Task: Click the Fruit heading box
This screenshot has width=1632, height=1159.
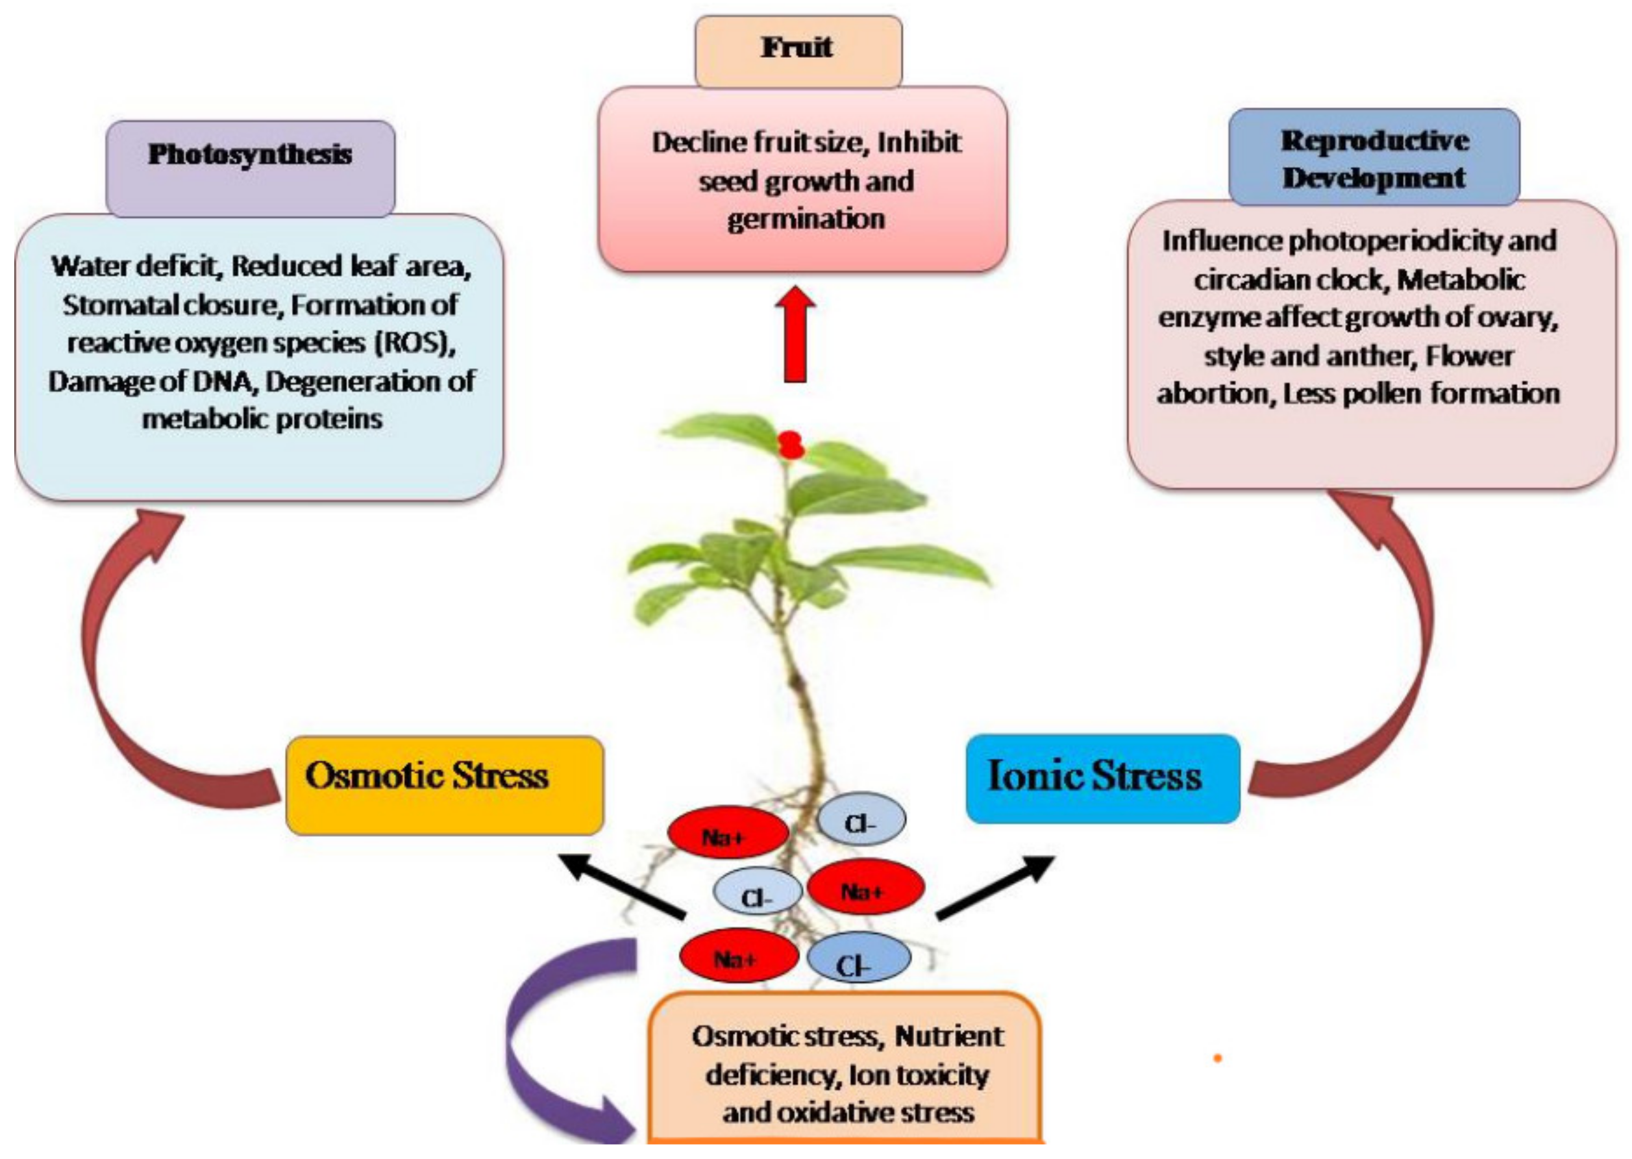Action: click(x=798, y=51)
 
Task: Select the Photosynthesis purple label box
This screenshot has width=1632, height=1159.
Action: click(x=250, y=167)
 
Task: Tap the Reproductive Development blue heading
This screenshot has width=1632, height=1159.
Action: click(x=1374, y=158)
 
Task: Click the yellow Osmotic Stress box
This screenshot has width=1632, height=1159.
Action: click(x=444, y=786)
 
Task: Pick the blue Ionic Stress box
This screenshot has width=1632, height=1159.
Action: click(x=1102, y=779)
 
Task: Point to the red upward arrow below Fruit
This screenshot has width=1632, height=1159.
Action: click(x=795, y=336)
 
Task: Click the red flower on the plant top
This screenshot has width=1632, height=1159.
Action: click(x=790, y=445)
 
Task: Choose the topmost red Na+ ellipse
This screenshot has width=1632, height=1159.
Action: click(x=727, y=834)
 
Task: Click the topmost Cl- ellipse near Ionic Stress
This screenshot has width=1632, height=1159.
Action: click(x=861, y=821)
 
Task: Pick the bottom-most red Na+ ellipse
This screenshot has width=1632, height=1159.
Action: click(x=738, y=956)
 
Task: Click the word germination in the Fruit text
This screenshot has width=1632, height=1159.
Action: click(x=806, y=219)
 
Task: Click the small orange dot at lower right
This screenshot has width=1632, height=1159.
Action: click(x=1217, y=1058)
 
